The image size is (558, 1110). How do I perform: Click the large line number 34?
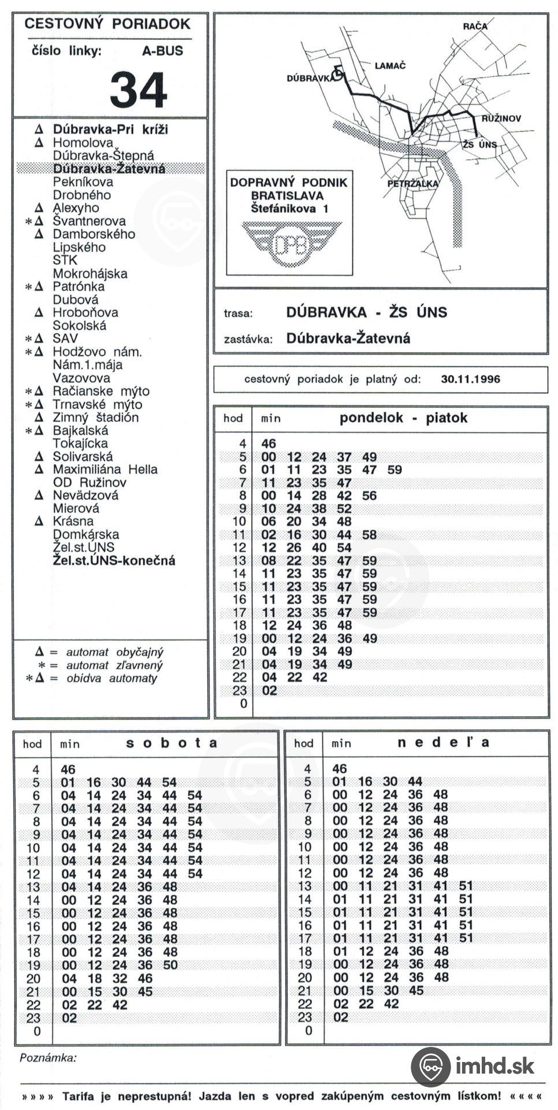[139, 90]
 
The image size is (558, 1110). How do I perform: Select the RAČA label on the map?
[475, 26]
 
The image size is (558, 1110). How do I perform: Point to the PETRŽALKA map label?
[412, 184]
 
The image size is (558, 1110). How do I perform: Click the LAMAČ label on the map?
[390, 66]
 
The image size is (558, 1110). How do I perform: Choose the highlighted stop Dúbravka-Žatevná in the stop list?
[109, 169]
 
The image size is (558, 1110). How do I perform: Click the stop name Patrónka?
[79, 287]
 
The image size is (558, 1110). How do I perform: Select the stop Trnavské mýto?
[97, 405]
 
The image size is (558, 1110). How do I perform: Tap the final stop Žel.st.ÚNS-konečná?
[114, 561]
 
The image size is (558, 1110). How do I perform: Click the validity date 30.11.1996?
[470, 380]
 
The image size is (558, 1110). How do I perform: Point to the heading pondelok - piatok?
[403, 418]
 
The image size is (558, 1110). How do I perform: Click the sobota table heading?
[172, 743]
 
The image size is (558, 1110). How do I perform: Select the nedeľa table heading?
[443, 743]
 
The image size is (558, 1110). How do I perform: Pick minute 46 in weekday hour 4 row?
[269, 444]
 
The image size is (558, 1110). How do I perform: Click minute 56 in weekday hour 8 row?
[369, 495]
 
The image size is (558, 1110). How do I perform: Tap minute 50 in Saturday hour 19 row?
[170, 965]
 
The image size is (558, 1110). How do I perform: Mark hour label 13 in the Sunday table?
[304, 886]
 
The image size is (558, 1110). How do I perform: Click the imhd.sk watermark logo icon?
[431, 1067]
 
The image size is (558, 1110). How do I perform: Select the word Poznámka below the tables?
[48, 1059]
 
